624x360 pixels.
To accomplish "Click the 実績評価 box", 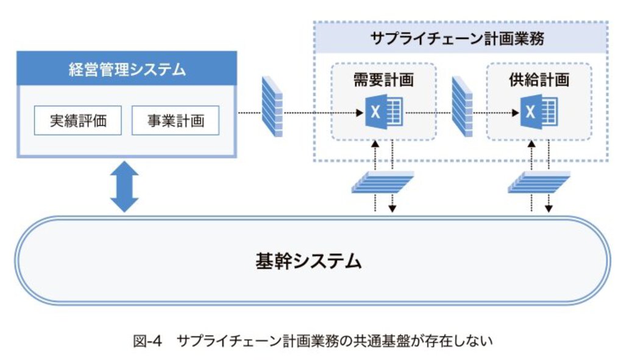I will click(78, 121).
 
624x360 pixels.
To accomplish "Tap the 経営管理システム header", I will click(126, 69).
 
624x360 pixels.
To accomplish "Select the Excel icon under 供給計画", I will click(537, 113).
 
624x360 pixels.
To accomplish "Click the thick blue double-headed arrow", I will click(125, 185).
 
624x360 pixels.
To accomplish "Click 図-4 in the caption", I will click(146, 342).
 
